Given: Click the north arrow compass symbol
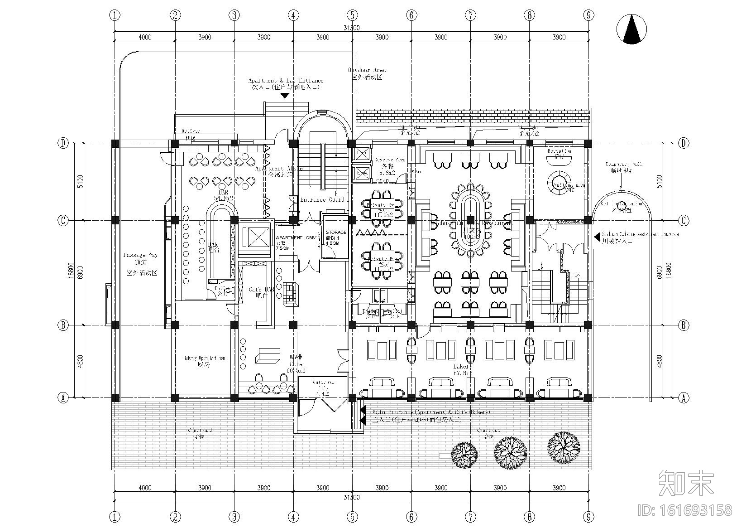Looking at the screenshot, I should pyautogui.click(x=631, y=29).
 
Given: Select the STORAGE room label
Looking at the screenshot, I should pyautogui.click(x=336, y=233).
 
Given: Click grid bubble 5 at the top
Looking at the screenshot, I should pyautogui.click(x=352, y=15).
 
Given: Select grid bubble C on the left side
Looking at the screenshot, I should pyautogui.click(x=63, y=221).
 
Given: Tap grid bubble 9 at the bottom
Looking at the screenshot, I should pyautogui.click(x=588, y=516).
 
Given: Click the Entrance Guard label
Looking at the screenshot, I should pyautogui.click(x=322, y=199).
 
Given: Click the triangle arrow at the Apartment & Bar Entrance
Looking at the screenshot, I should pyautogui.click(x=285, y=96).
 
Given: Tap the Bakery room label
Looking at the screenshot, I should pyautogui.click(x=463, y=367).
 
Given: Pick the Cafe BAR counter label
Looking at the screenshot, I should pyautogui.click(x=262, y=290).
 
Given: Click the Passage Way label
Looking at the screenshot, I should pyautogui.click(x=141, y=255).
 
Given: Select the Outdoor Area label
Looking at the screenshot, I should pyautogui.click(x=367, y=70).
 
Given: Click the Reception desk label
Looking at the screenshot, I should pyautogui.click(x=559, y=150).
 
